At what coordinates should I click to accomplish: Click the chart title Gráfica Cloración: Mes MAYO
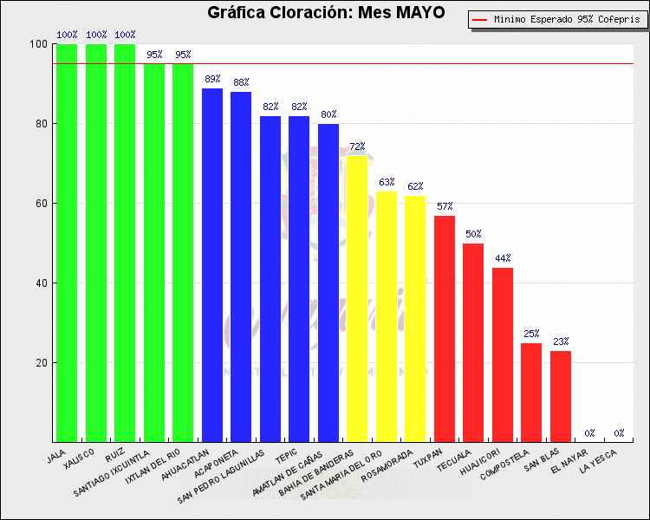[325, 13]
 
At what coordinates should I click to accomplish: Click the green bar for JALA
[67, 243]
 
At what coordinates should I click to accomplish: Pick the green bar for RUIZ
[125, 243]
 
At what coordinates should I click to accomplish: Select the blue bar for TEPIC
[299, 278]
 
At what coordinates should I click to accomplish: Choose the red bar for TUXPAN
[445, 328]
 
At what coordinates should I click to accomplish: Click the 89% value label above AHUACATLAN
[212, 79]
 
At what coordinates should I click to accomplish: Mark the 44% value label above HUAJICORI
[503, 258]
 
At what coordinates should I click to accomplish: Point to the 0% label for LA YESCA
[620, 433]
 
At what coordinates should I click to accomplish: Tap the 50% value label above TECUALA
[473, 234]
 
